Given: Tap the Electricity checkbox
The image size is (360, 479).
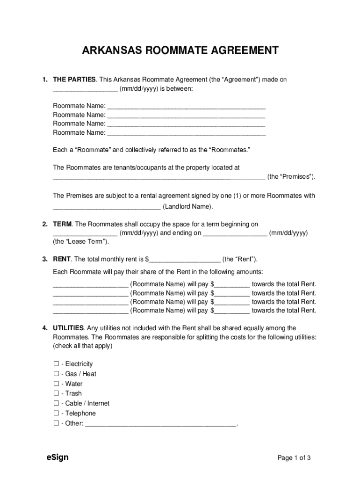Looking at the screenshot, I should coord(56,364).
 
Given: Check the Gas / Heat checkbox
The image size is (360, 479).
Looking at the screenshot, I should coord(56,374).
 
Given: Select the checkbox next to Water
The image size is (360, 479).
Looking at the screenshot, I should coord(56,384).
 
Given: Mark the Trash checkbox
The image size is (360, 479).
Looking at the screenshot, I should coord(56,394).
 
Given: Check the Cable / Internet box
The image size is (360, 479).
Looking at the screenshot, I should coord(56,404).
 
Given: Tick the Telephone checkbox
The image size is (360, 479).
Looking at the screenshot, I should coord(56,414).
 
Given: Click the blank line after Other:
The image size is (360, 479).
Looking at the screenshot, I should coord(162,424).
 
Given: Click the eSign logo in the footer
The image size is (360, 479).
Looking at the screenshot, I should coord(57,457).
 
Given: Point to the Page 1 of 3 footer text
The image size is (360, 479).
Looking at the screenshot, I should coord(294,458).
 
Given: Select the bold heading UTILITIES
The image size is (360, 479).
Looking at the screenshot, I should coord(68,328).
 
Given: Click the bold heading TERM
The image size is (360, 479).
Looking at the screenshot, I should coord(62,225).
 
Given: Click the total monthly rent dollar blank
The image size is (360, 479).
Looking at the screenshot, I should coord(185,260).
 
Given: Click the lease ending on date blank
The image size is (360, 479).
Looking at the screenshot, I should coord(236,233).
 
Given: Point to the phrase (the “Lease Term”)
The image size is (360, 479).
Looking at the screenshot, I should coord(81,242).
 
